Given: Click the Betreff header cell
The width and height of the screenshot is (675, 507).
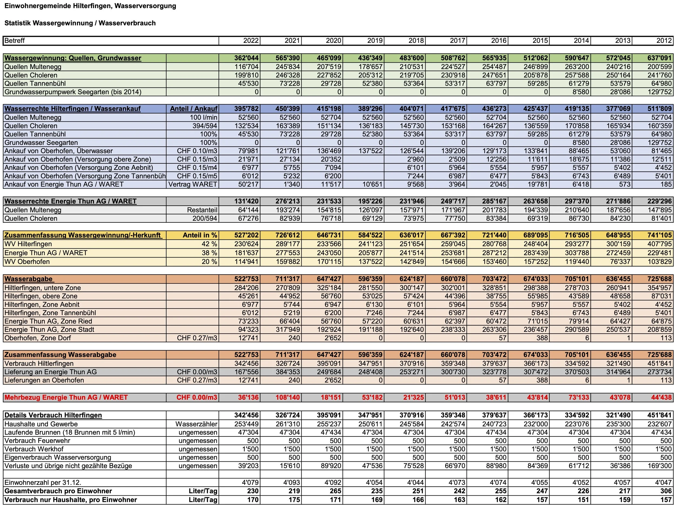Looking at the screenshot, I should (15, 40).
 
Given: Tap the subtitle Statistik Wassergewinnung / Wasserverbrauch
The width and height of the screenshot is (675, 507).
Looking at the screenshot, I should (80, 23).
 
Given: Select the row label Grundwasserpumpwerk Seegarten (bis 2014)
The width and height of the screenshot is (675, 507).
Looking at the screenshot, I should (73, 92).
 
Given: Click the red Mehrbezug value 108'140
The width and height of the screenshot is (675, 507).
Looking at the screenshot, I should (288, 397).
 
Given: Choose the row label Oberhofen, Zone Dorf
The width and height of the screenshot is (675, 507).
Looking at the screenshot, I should (38, 338).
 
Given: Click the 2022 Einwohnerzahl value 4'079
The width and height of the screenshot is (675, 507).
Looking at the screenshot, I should (250, 482).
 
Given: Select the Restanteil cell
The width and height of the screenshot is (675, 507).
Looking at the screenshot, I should (202, 210).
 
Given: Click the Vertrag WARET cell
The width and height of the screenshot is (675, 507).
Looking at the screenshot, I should (193, 184).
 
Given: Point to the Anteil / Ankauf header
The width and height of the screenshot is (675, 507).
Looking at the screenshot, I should (194, 109).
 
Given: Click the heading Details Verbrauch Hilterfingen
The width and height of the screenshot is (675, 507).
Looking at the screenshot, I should (53, 415).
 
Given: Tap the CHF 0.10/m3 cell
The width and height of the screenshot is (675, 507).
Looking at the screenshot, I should (197, 151).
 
